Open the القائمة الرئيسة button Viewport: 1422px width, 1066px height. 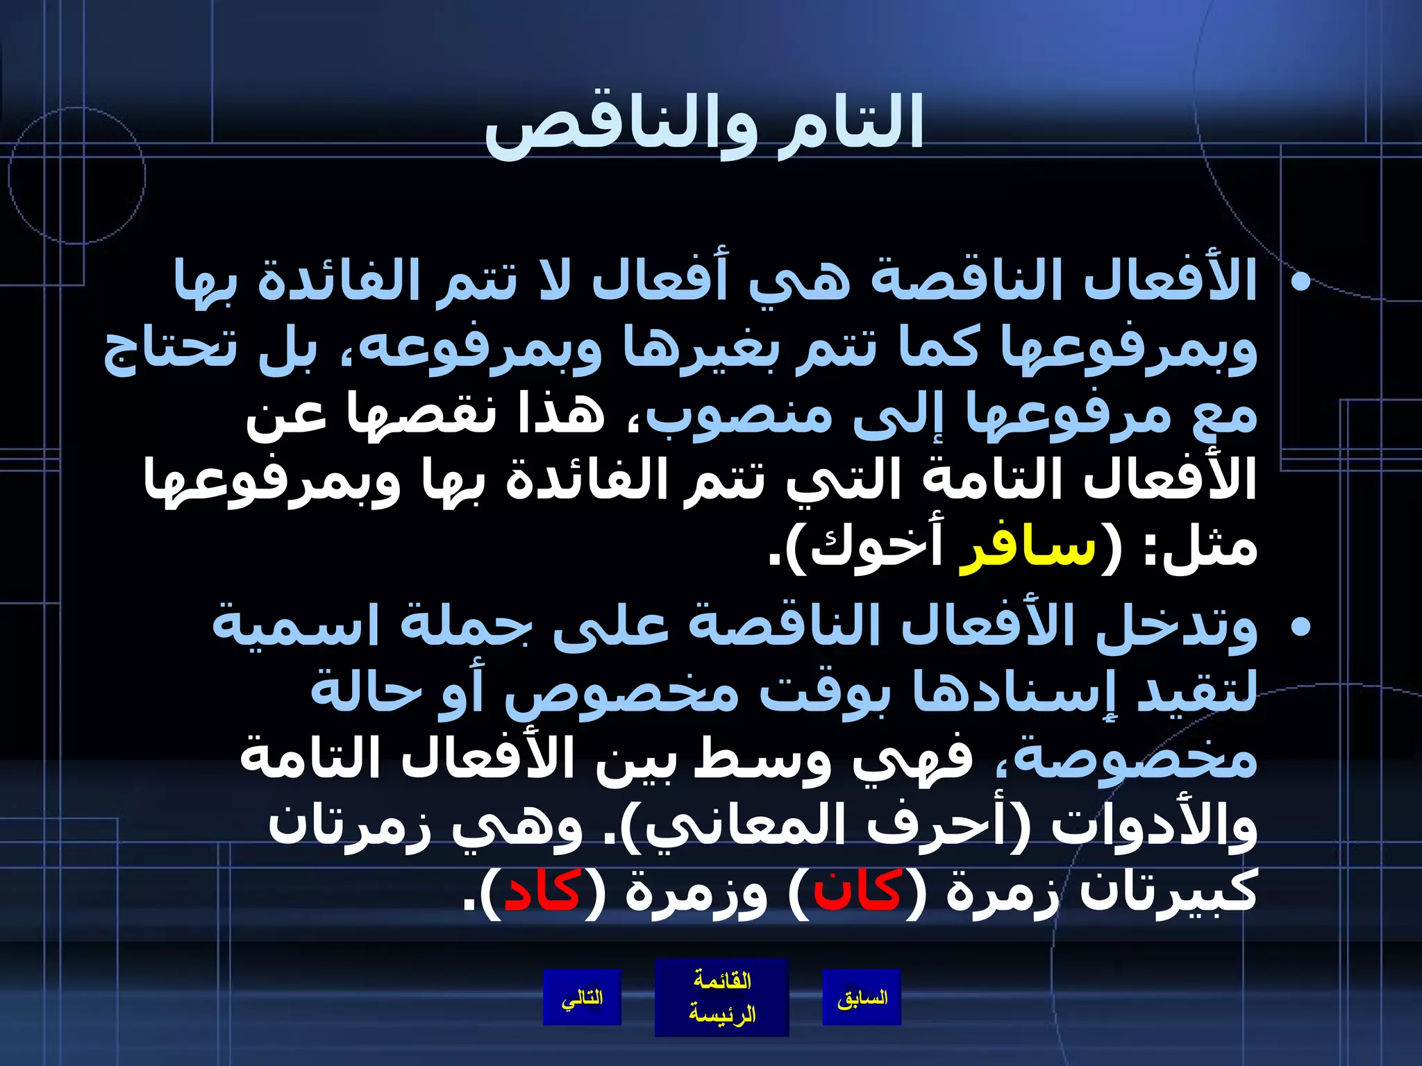721,997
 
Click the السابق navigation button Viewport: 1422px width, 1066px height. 862,998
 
